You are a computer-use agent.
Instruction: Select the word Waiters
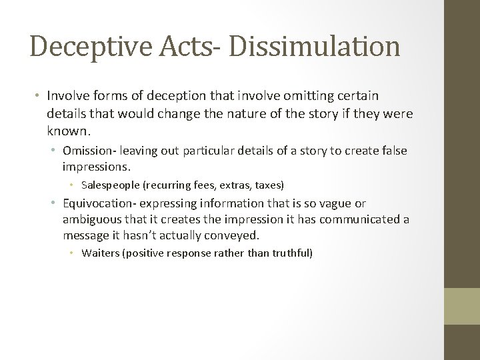click(99, 253)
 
